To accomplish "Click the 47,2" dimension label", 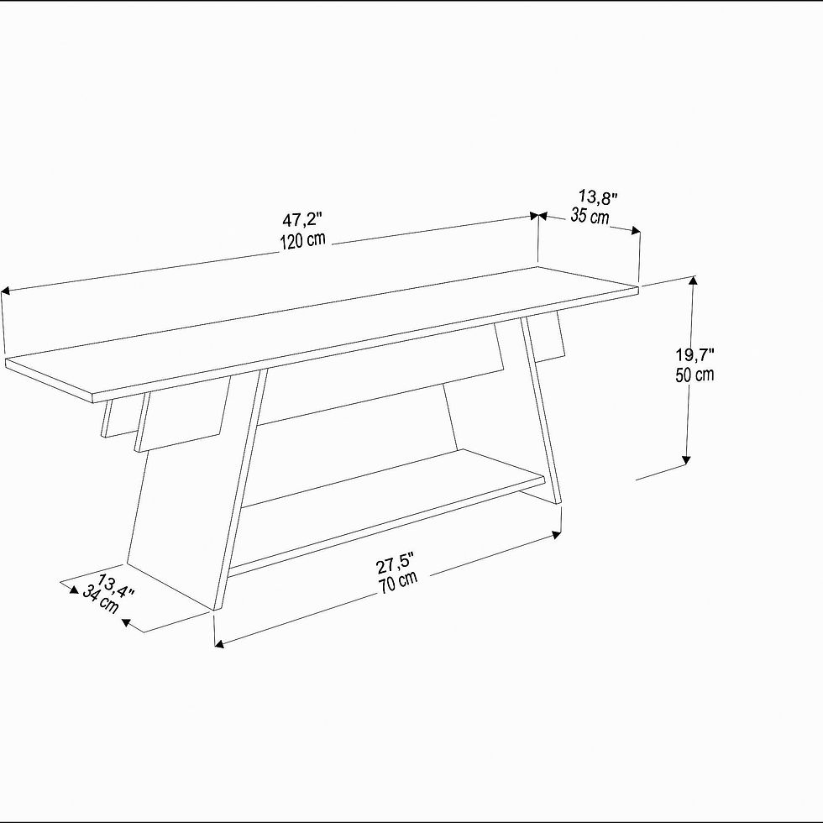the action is click(x=302, y=219).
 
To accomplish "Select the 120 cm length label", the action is click(x=302, y=240).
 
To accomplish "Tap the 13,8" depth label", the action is click(x=598, y=197).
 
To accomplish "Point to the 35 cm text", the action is click(x=590, y=216).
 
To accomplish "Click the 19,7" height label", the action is click(x=695, y=354).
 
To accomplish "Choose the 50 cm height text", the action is click(x=695, y=375).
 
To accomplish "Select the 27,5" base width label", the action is click(x=396, y=564).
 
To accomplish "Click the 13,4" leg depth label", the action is click(x=116, y=586).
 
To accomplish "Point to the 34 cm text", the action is click(x=100, y=600).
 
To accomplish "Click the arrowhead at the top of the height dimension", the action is click(x=694, y=280).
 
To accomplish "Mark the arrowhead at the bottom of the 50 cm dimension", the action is click(x=685, y=460).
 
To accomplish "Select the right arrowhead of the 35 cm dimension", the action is click(x=636, y=230).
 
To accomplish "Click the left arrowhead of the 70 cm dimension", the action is click(x=219, y=643).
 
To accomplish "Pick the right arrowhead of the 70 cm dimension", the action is click(x=556, y=535).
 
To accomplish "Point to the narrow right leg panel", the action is click(x=541, y=410).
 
